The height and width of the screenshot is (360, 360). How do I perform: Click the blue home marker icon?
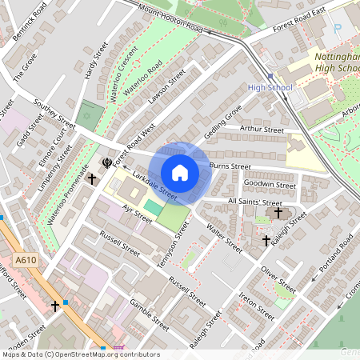[180, 173]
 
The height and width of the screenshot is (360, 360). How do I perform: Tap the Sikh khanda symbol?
[106, 163]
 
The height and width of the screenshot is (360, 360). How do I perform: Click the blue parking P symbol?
[337, 28]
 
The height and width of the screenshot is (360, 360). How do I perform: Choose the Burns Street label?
[230, 166]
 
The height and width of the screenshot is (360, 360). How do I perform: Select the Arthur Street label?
[262, 129]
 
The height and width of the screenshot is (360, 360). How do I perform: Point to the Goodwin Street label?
[270, 184]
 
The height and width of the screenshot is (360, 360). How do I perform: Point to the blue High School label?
[270, 87]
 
